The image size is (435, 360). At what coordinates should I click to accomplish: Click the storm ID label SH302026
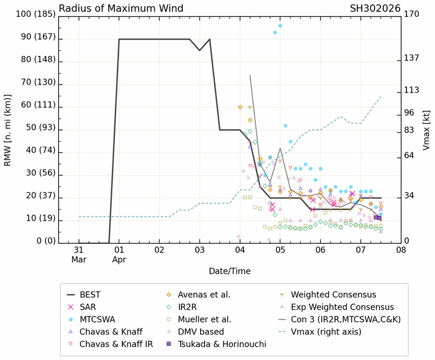(377, 8)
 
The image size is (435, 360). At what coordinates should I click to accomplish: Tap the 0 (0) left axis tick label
(37, 241)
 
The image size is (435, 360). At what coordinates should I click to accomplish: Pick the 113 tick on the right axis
(411, 90)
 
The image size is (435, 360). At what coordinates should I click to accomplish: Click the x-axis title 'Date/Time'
(230, 272)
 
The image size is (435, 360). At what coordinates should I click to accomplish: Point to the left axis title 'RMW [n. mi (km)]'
(9, 127)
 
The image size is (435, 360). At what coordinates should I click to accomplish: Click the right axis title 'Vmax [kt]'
(427, 127)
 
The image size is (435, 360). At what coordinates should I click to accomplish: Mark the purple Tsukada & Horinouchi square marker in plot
(378, 218)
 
